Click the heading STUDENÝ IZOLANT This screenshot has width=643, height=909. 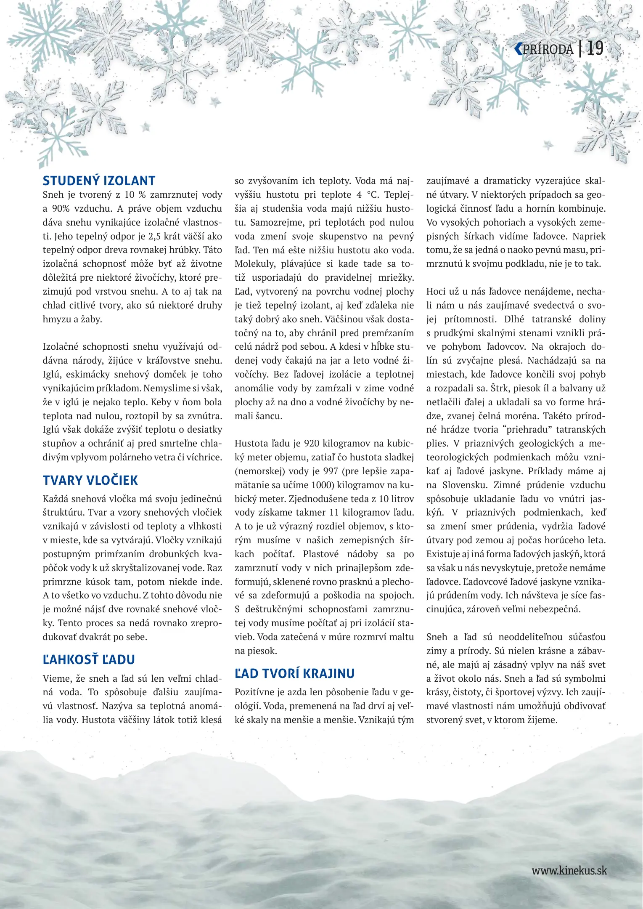coord(99,181)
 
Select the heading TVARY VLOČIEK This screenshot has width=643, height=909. coord(90,481)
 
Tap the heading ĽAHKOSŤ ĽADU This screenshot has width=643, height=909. coord(89,660)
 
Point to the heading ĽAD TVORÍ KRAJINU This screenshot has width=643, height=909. coord(294,674)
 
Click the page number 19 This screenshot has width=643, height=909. coord(595,49)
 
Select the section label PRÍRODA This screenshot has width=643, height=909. coord(548,50)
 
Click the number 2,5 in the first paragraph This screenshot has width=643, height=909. coord(156,237)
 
